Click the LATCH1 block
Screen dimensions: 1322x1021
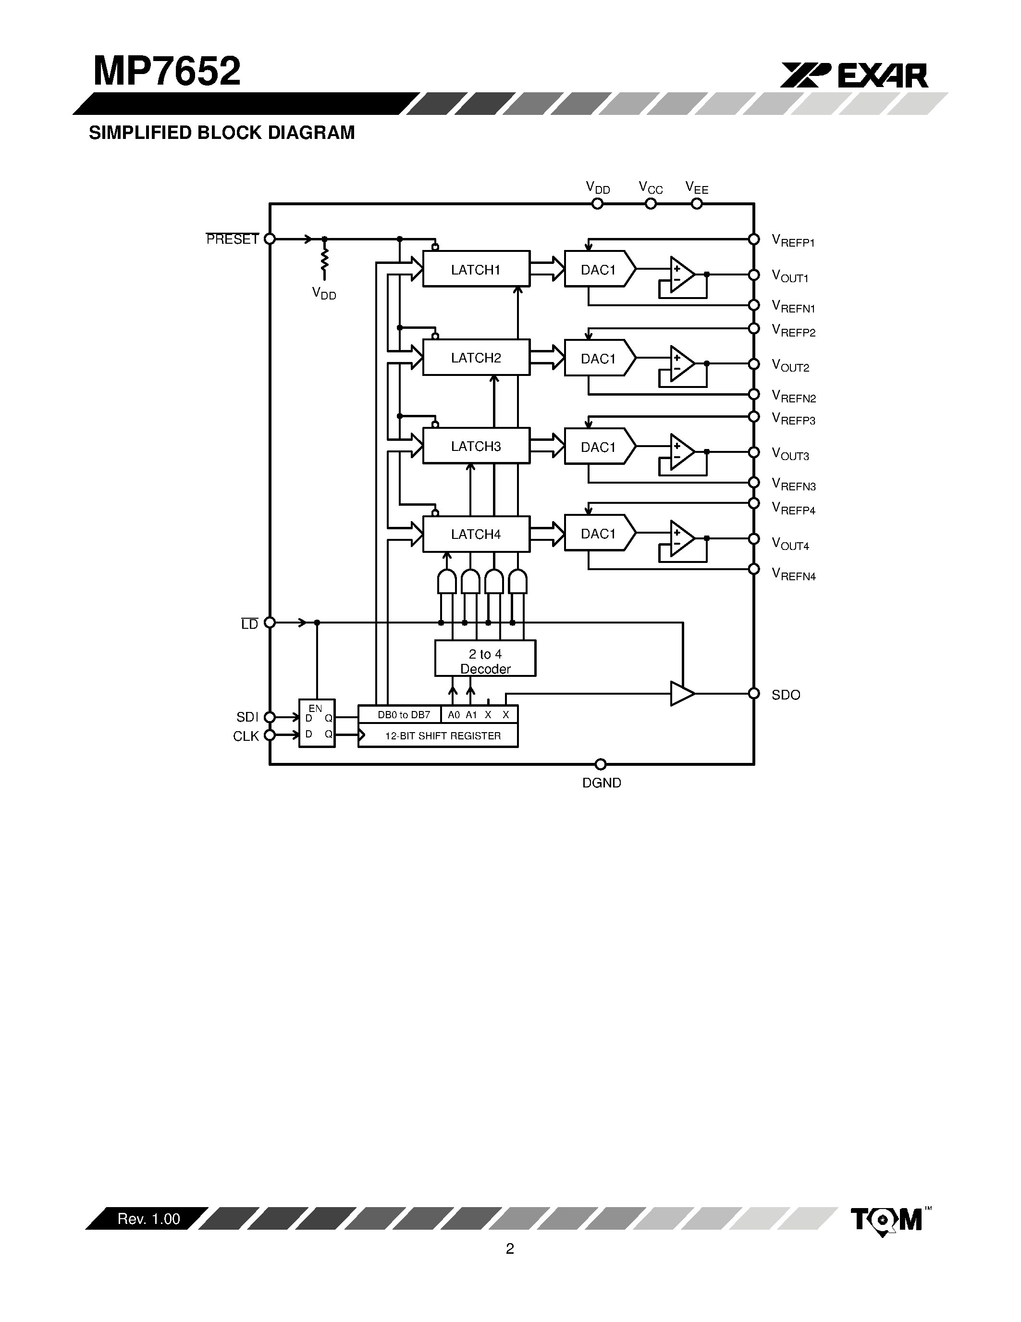476,269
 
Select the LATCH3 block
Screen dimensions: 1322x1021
476,446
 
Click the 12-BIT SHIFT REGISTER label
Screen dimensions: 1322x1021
443,736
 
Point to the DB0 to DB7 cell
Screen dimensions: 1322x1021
404,715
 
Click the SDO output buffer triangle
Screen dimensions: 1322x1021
681,694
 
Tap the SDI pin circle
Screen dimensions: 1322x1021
270,717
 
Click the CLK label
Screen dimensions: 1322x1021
246,736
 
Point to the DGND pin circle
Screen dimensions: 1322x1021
601,764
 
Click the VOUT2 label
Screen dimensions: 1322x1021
790,366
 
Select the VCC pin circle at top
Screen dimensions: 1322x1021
651,204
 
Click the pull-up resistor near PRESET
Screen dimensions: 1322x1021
324,259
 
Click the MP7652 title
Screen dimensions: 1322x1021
167,72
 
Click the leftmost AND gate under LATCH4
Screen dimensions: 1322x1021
446,582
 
